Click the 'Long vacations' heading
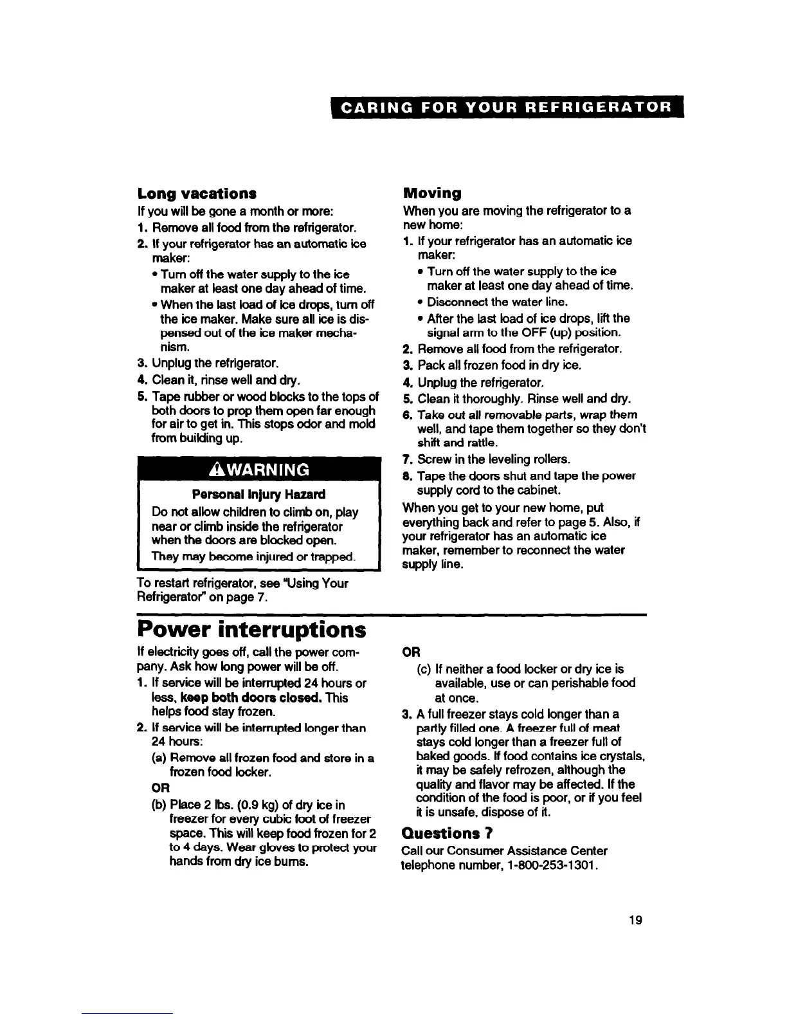click(x=197, y=193)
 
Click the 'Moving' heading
click(x=431, y=193)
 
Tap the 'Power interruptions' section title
click(x=252, y=629)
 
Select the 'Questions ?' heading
click(x=447, y=833)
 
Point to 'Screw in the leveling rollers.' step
click(x=494, y=459)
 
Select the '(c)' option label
click(x=424, y=669)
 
